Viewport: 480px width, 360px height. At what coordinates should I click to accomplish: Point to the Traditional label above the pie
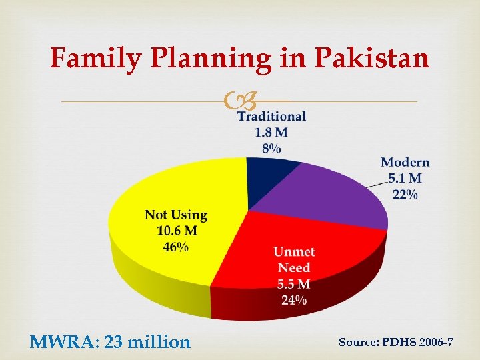(272, 116)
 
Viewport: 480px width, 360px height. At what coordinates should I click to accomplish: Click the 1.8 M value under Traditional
(271, 132)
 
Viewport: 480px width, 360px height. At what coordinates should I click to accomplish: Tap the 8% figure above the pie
(271, 148)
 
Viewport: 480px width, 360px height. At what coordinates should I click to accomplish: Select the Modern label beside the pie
(405, 162)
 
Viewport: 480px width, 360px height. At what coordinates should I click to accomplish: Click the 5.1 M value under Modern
(405, 178)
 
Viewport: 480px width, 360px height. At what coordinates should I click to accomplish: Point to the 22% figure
(405, 194)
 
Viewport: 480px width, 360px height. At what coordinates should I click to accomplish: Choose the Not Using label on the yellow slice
(176, 215)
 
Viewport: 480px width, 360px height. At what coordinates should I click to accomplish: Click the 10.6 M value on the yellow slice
(176, 231)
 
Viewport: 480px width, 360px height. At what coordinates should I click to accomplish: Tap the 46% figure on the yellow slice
(176, 247)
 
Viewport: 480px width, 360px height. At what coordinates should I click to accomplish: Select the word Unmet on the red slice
(294, 252)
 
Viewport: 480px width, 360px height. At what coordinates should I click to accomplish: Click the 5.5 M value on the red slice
(294, 284)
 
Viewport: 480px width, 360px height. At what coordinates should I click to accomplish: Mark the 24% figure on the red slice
(294, 299)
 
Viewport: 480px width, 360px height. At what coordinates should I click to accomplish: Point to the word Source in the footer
(358, 342)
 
